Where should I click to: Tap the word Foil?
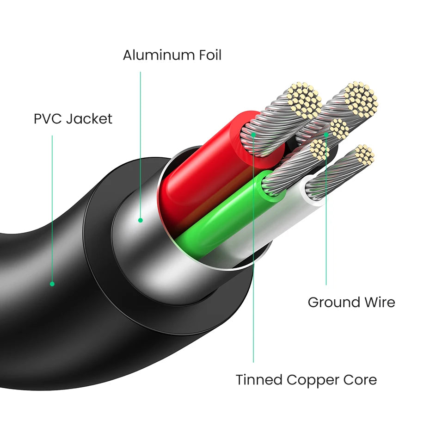pos(206,56)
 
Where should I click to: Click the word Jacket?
pos(89,119)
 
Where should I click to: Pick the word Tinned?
pos(259,380)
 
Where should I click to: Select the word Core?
pos(359,380)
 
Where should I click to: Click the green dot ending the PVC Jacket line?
pos(52,284)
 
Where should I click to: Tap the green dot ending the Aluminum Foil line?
pos(140,220)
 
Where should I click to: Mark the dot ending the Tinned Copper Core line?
pos(253,135)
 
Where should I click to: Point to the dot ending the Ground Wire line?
pos(326,135)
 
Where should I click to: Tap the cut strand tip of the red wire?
pos(304,99)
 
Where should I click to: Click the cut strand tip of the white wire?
pos(364,155)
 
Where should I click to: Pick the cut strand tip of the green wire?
pos(319,149)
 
